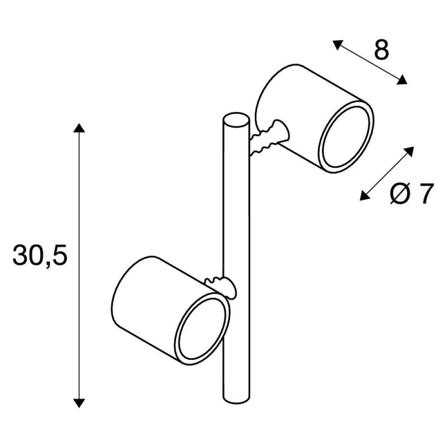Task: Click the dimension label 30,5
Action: [40, 255]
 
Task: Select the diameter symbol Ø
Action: [401, 193]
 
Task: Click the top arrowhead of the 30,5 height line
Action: [79, 128]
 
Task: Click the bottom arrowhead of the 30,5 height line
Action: [79, 403]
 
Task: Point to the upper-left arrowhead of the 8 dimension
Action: [337, 45]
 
